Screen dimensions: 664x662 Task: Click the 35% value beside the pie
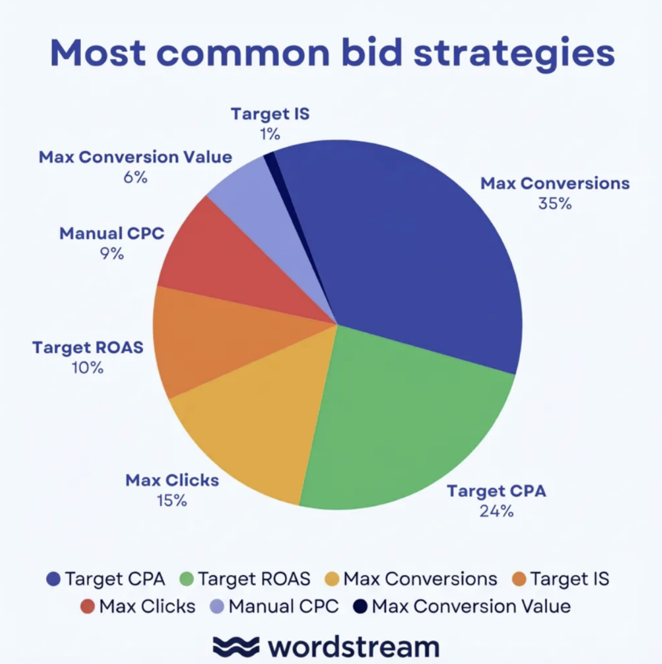(554, 203)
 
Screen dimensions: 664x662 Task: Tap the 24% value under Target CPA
(496, 511)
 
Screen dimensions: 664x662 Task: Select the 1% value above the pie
(270, 134)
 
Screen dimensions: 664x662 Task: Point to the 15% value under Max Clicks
(172, 500)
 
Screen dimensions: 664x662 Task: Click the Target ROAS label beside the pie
(88, 347)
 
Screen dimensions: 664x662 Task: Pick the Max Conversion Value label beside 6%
(135, 157)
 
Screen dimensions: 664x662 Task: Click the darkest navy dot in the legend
(360, 607)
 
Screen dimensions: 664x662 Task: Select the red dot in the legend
(87, 607)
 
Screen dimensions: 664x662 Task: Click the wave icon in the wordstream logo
(236, 646)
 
